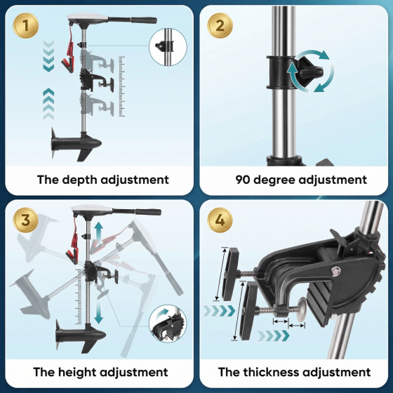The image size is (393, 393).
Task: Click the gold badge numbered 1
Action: click(x=26, y=25)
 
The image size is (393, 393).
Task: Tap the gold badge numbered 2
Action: click(x=220, y=25)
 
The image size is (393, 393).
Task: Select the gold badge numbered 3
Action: click(x=26, y=220)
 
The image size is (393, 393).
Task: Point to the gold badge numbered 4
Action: click(x=220, y=220)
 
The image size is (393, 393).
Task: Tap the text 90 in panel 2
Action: click(x=243, y=180)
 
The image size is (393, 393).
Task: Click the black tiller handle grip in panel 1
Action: click(x=144, y=20)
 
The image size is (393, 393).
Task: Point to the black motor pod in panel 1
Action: click(x=76, y=143)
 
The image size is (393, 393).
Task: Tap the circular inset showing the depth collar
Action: click(x=168, y=47)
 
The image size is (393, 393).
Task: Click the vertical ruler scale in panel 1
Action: click(x=122, y=86)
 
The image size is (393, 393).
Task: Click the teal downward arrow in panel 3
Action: click(x=99, y=312)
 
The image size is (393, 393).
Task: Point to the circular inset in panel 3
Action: click(x=168, y=324)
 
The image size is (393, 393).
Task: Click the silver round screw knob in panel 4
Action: click(x=302, y=309)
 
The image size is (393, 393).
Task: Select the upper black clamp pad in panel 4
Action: click(x=230, y=274)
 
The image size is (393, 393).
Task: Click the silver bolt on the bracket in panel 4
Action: click(x=335, y=270)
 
